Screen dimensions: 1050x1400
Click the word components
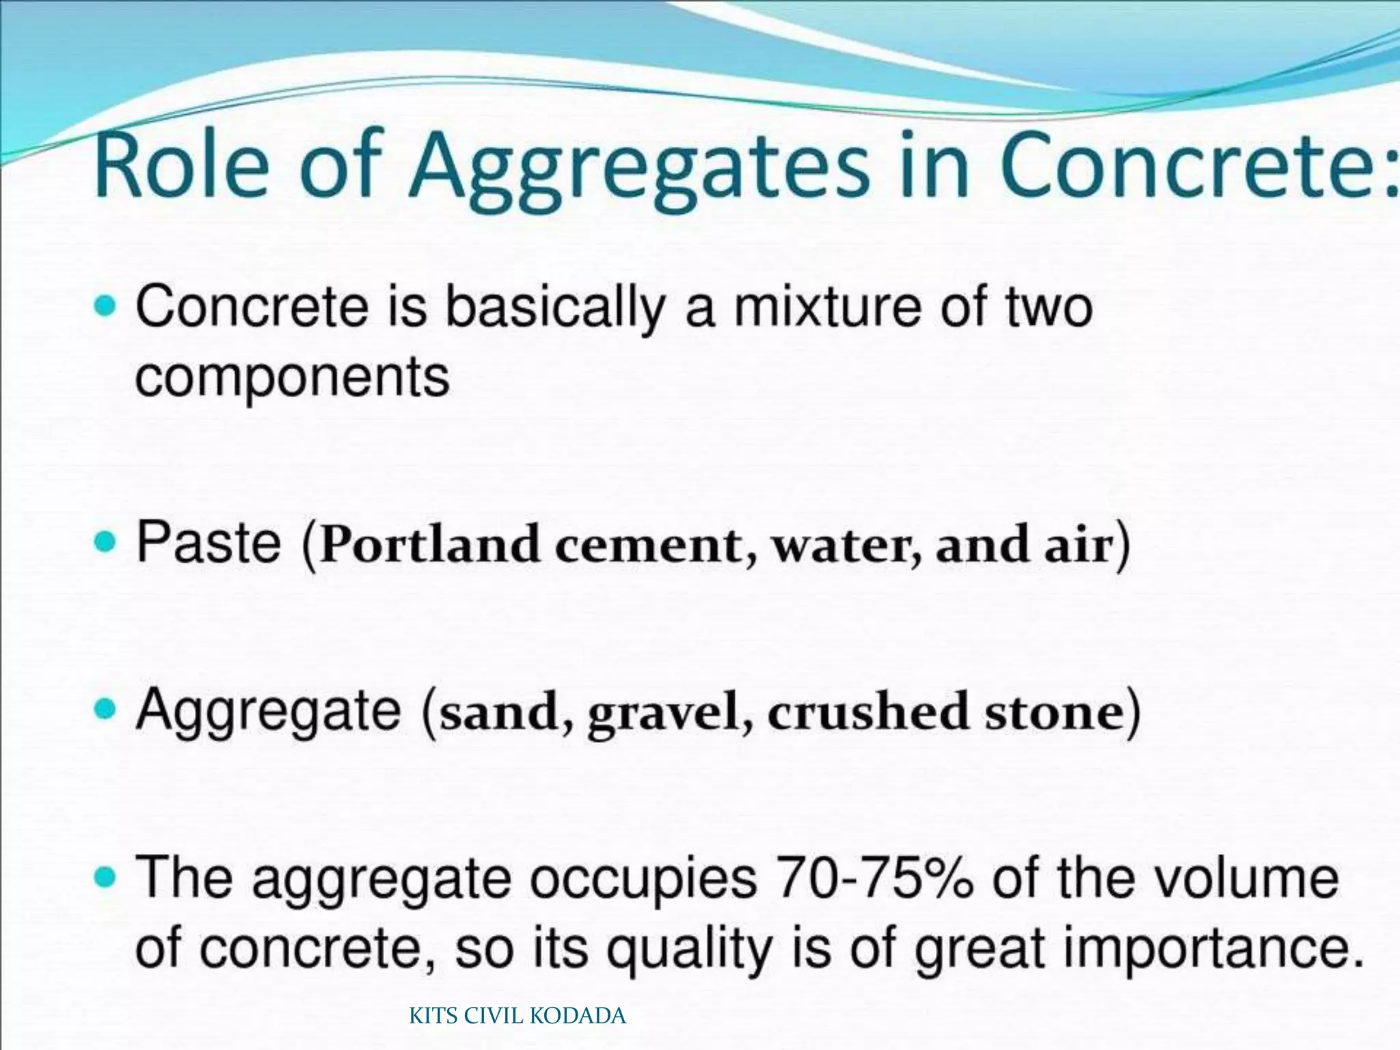click(292, 378)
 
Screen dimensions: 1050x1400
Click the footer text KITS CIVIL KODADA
click(517, 1016)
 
